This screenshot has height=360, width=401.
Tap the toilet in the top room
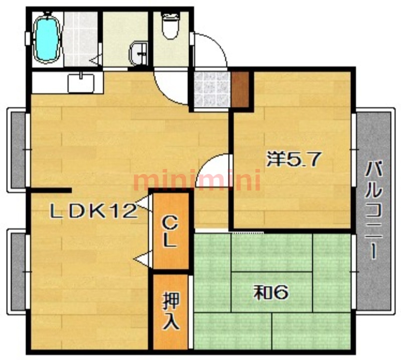(x=170, y=26)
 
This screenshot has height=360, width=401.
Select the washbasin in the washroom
(x=138, y=54)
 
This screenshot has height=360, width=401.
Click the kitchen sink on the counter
(x=81, y=83)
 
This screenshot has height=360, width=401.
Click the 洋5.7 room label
(x=293, y=159)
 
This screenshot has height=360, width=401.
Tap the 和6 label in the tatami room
(x=271, y=293)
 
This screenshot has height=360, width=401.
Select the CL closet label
(x=170, y=232)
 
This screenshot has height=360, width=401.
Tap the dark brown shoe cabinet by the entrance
(x=240, y=89)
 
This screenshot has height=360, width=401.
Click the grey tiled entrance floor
(x=211, y=89)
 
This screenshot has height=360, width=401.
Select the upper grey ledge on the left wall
(x=19, y=149)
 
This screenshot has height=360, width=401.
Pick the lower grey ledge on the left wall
(x=19, y=271)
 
